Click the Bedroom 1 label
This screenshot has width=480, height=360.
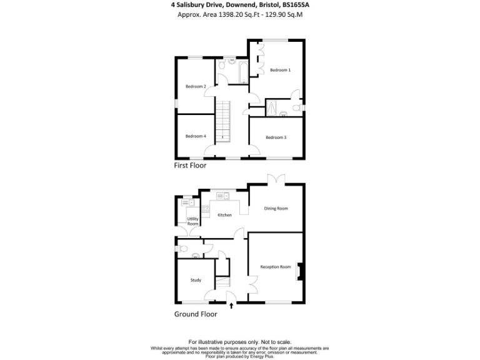tap(280, 70)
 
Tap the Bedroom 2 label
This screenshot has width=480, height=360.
tap(196, 86)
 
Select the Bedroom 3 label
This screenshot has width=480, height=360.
tap(276, 137)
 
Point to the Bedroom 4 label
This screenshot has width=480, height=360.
tap(196, 136)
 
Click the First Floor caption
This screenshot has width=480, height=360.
tap(190, 166)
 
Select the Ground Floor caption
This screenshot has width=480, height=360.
tap(196, 314)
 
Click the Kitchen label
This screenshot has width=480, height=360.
tap(224, 215)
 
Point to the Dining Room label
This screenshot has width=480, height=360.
tap(276, 208)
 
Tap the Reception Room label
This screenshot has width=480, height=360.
tap(276, 267)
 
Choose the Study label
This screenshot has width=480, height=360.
tap(196, 280)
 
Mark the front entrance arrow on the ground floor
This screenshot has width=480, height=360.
tap(232, 306)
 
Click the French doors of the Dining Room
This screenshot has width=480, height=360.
tap(276, 181)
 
